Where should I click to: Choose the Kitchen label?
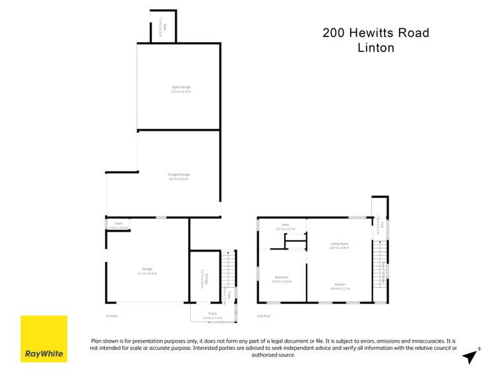tap(340, 286)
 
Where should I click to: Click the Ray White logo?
tap(44, 339)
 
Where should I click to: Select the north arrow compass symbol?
tap(470, 355)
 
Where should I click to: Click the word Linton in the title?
tap(375, 48)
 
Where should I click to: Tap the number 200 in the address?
tap(334, 32)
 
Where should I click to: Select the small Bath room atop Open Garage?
tap(165, 28)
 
